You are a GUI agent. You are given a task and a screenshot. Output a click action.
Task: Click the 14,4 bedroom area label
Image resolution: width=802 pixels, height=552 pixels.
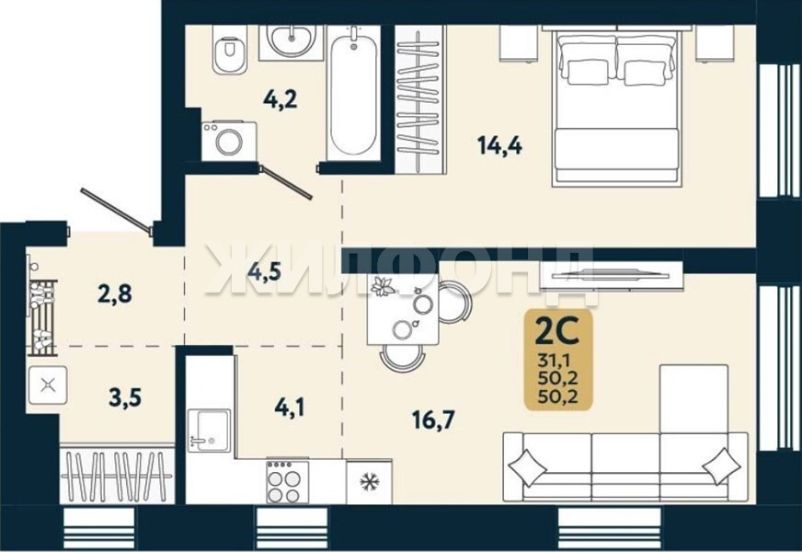click(499, 145)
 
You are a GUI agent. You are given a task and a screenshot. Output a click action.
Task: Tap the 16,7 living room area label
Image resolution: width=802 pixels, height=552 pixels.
click(434, 420)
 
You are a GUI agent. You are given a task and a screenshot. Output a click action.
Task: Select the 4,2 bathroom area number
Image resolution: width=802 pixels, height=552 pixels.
click(281, 98)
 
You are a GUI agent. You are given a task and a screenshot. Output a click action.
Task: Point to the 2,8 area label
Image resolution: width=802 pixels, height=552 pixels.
click(115, 293)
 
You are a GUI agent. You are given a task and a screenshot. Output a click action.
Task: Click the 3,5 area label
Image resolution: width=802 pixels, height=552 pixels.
click(125, 397)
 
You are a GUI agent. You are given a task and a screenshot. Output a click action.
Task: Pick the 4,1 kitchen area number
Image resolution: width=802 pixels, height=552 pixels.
click(290, 408)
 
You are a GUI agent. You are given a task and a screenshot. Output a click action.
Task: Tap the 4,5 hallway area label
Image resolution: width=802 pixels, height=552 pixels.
click(264, 271)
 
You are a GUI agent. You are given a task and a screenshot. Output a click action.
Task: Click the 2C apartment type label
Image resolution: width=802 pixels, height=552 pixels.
click(556, 331)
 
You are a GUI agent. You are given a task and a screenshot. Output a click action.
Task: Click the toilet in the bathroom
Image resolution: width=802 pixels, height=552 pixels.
click(229, 50)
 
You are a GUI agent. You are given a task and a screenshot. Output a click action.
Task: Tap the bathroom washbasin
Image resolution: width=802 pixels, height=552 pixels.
click(291, 40)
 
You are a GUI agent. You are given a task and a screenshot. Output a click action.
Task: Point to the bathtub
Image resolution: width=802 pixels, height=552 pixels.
click(353, 92)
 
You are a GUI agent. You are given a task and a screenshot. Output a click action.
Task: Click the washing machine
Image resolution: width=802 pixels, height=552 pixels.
click(229, 141)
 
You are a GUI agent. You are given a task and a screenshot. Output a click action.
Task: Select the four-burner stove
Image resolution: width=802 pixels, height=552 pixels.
click(287, 481)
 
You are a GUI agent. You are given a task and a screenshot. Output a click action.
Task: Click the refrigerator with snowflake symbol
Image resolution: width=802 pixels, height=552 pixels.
click(369, 481)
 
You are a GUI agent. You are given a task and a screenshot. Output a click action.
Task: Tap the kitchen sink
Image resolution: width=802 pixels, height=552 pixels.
click(209, 431)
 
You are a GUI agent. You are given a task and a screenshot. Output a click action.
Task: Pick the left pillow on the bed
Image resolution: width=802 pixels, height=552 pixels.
click(587, 71)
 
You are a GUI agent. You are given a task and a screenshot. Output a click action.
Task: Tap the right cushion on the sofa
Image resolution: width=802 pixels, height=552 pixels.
click(721, 466)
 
